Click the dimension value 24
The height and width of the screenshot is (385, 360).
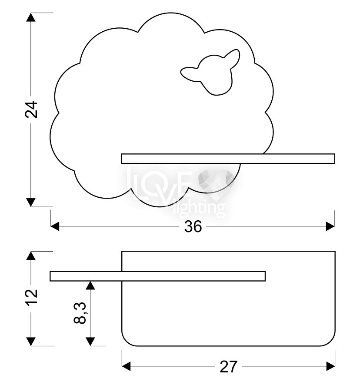pyautogui.click(x=31, y=110)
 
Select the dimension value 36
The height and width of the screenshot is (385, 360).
pyautogui.click(x=193, y=226)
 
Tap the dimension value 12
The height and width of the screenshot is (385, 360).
pyautogui.click(x=31, y=297)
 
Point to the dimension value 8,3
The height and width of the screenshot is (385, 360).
pyautogui.click(x=80, y=313)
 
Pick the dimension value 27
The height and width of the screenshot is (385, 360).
pyautogui.click(x=229, y=367)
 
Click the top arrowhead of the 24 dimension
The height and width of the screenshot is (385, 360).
pyautogui.click(x=31, y=17)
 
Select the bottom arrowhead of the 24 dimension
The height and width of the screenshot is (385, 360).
pyautogui.click(x=31, y=202)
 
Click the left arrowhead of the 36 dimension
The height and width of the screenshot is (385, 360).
pyautogui.click(x=55, y=226)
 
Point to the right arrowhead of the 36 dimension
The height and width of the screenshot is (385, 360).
pyautogui.click(x=330, y=226)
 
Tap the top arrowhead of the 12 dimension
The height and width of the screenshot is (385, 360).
pyautogui.click(x=31, y=256)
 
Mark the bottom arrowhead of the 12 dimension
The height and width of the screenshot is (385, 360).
pyautogui.click(x=31, y=342)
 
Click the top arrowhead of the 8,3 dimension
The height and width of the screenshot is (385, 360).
pyautogui.click(x=90, y=285)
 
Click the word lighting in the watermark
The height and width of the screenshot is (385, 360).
pyautogui.click(x=201, y=209)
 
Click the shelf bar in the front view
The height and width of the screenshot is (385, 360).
pyautogui.click(x=228, y=159)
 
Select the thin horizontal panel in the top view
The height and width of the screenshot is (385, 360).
pyautogui.click(x=157, y=276)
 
